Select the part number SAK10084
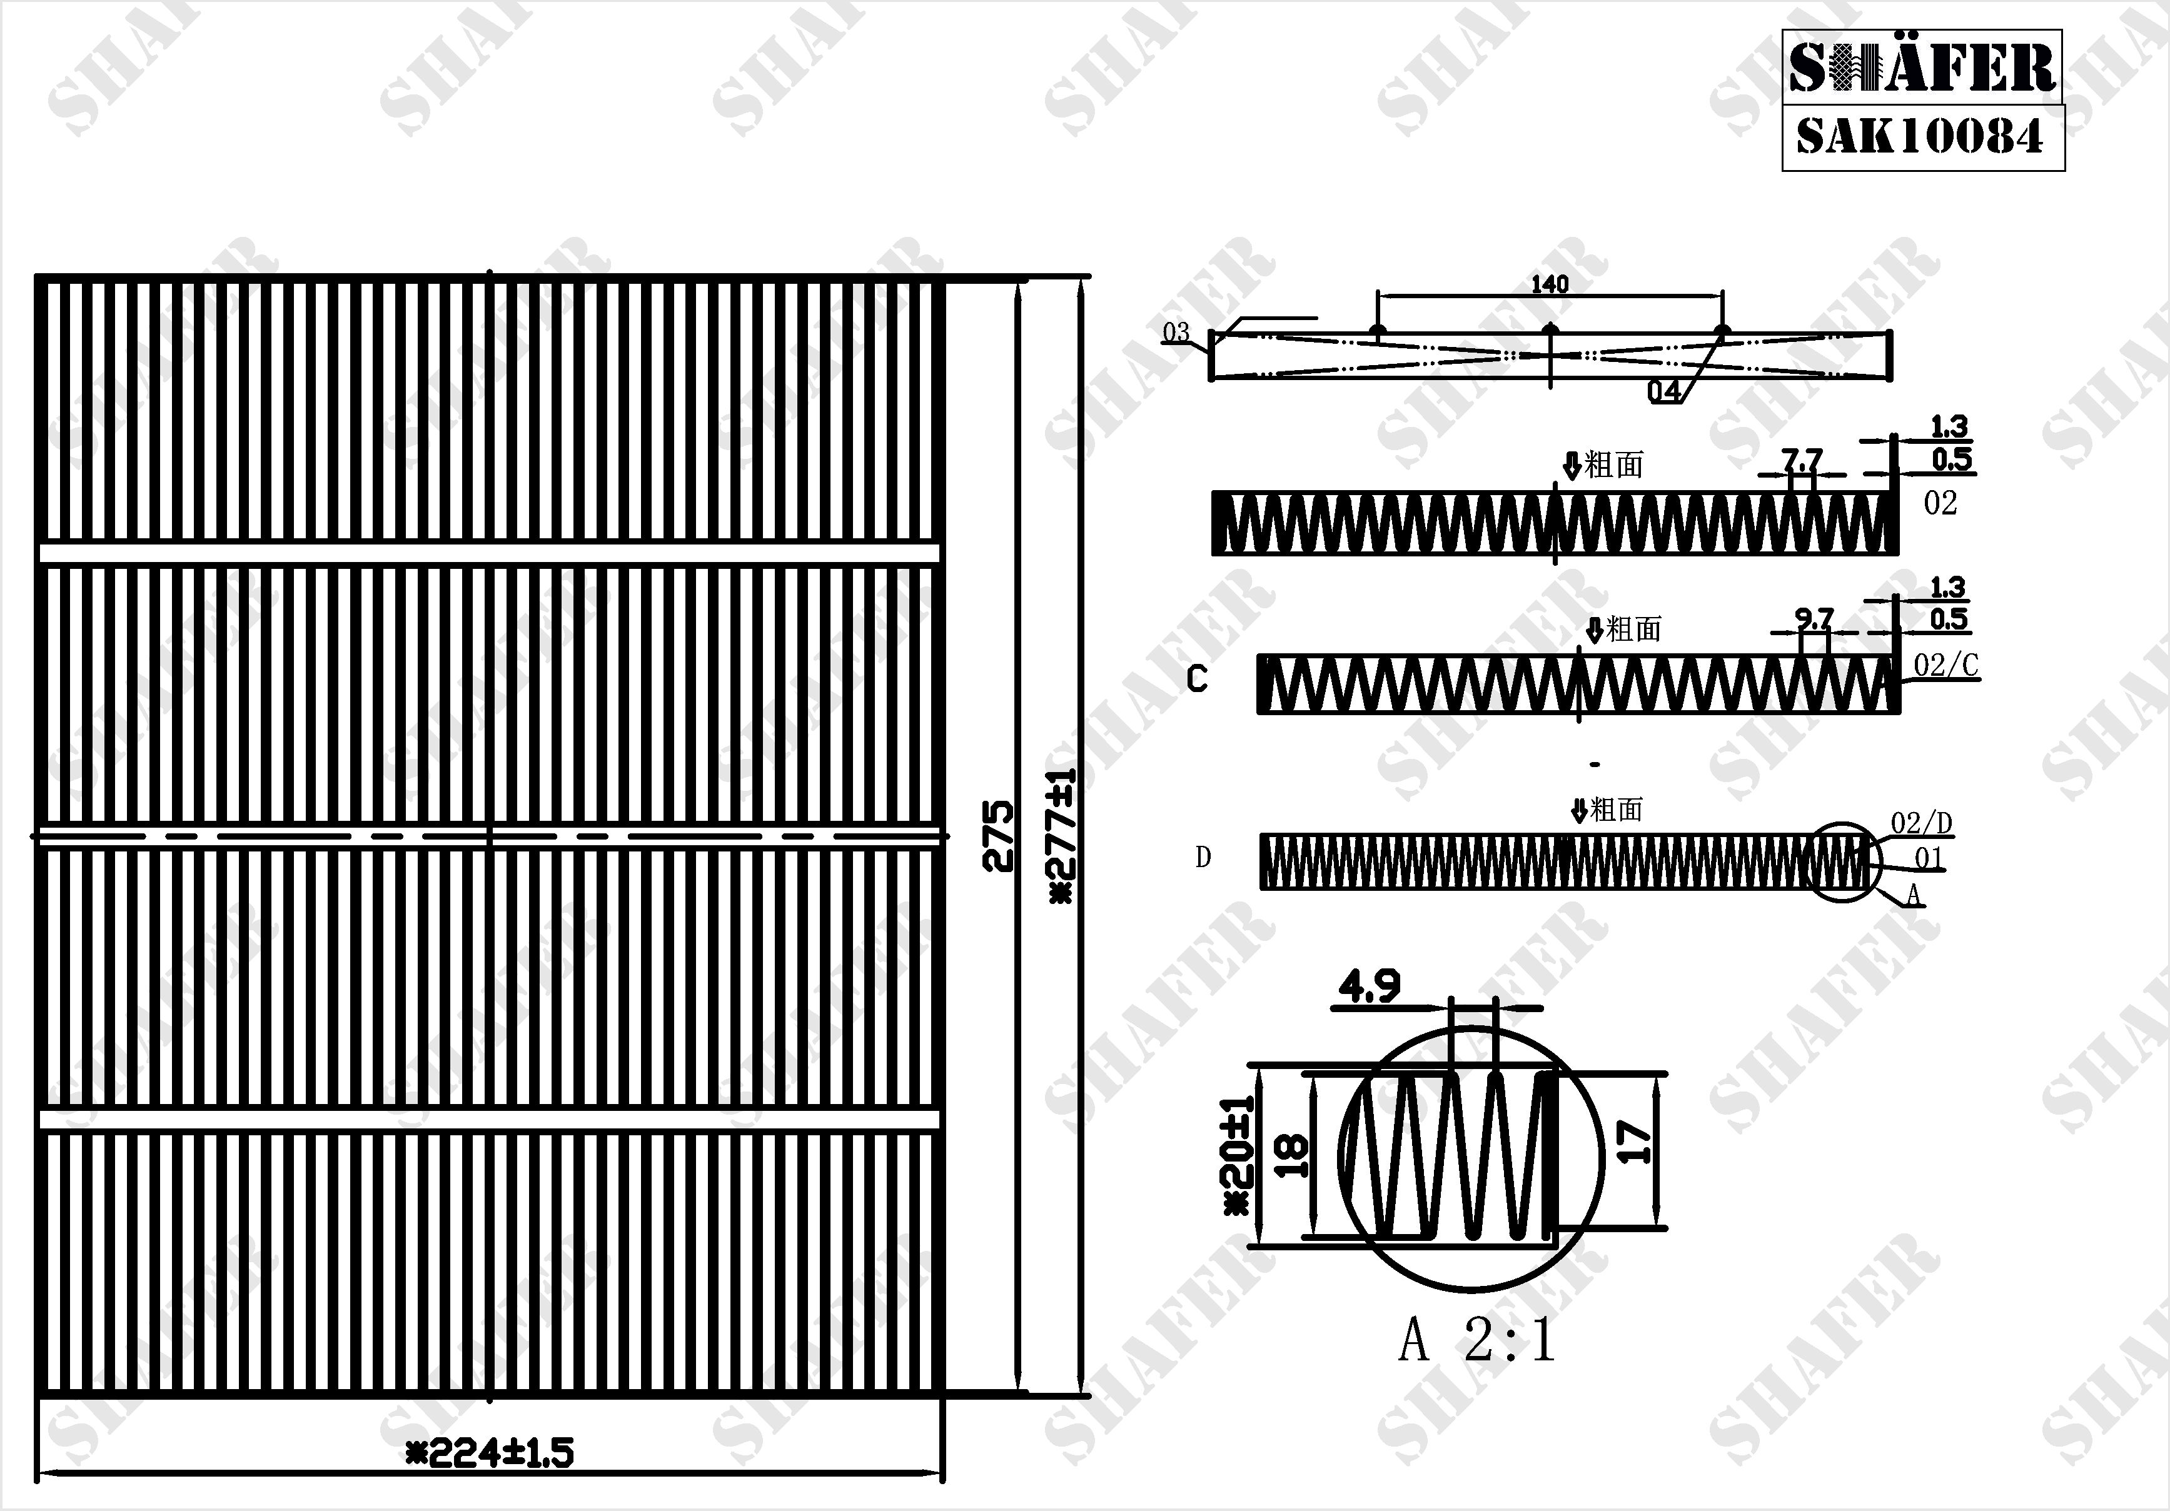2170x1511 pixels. click(x=1919, y=136)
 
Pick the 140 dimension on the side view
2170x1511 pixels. click(x=1549, y=283)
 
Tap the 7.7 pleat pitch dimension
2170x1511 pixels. click(x=1802, y=460)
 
